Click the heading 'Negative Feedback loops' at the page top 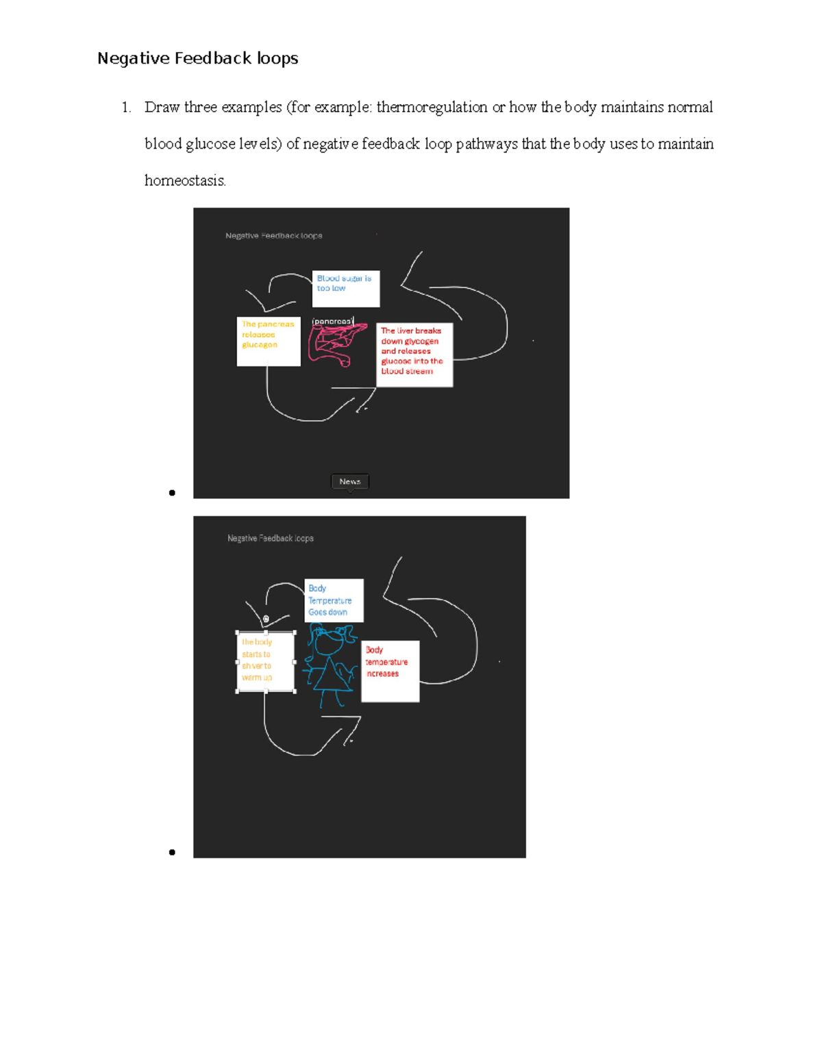(x=197, y=59)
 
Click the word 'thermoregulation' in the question (x=432, y=107)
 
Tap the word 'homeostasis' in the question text (x=184, y=181)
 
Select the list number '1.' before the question (x=126, y=107)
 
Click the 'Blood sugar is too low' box (x=345, y=288)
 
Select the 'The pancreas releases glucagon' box (x=268, y=341)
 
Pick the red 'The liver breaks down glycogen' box (x=414, y=355)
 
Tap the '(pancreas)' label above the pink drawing (x=333, y=321)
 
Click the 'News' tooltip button (x=349, y=482)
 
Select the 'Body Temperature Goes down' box (x=334, y=600)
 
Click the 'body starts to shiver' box (x=265, y=661)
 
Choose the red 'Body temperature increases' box (x=390, y=671)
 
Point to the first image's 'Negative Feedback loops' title (x=273, y=236)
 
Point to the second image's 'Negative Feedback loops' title (x=270, y=539)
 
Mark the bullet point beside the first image (x=172, y=493)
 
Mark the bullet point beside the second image (x=172, y=852)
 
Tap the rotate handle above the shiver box (x=266, y=619)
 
